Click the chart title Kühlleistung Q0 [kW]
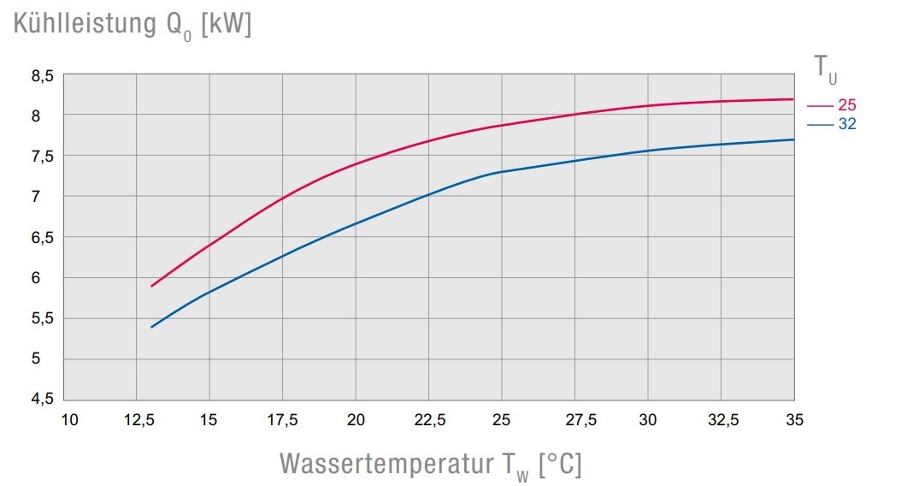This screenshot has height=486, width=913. (x=133, y=26)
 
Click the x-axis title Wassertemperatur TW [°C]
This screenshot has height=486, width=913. (x=430, y=465)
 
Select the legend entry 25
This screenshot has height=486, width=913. (x=846, y=105)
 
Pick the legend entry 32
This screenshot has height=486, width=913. (x=846, y=124)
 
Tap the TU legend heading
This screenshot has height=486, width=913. (x=825, y=68)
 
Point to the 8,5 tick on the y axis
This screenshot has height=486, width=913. (x=43, y=75)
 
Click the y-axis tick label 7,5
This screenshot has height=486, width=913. (x=43, y=156)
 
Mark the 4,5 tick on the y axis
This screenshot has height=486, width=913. (x=43, y=400)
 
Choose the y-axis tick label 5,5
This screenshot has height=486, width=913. (x=43, y=318)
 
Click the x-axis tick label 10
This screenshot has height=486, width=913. (x=70, y=419)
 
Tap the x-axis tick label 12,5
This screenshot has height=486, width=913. (x=138, y=419)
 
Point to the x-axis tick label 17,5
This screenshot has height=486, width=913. (x=283, y=419)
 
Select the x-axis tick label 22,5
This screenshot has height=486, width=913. (x=429, y=419)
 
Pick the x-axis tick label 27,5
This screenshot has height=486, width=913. (x=575, y=419)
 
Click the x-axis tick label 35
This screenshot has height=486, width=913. (x=794, y=419)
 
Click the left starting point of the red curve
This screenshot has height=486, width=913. (x=151, y=286)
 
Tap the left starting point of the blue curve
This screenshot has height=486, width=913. (x=151, y=327)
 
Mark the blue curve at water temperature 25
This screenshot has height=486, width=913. (x=502, y=172)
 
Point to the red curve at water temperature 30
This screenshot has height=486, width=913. (x=648, y=105)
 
